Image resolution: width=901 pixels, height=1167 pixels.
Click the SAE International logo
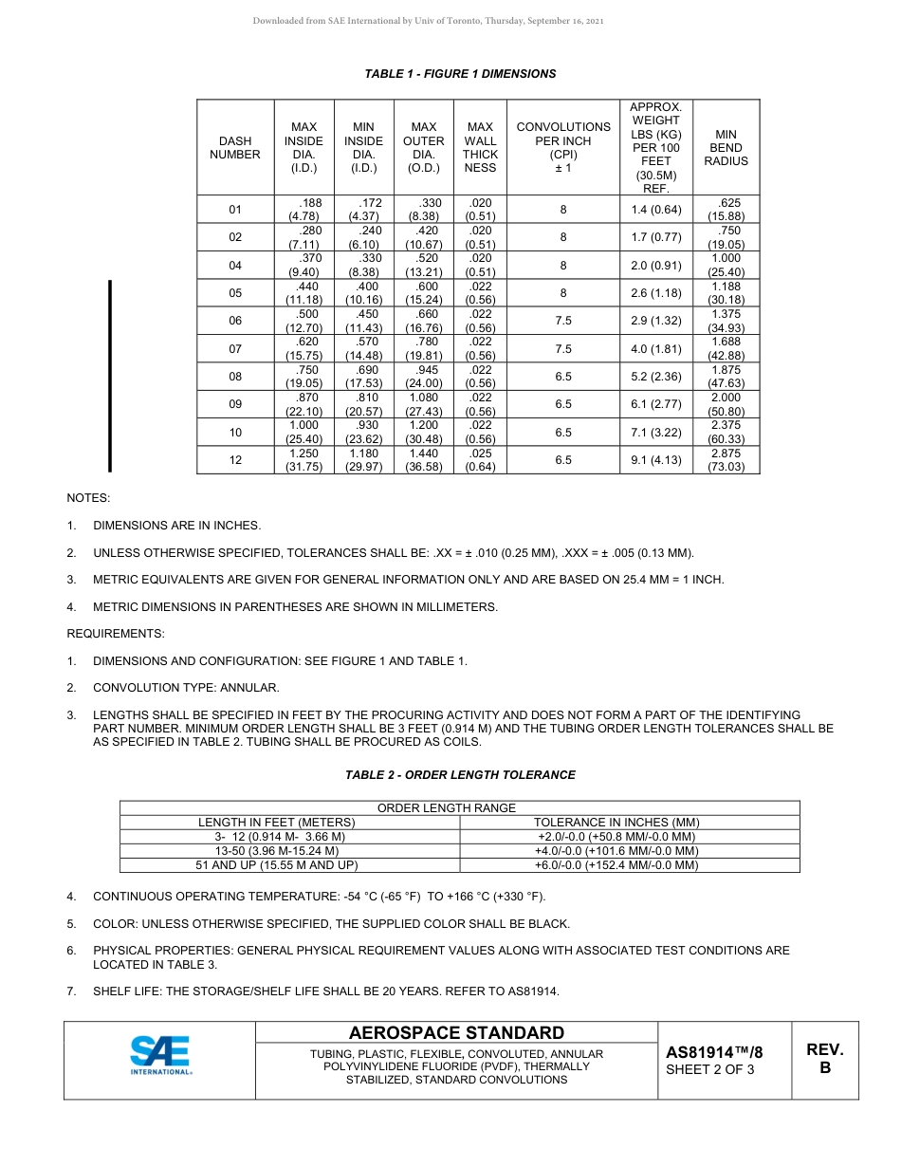pos(160,1056)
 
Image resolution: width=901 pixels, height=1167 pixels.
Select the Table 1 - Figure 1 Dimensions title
pos(460,74)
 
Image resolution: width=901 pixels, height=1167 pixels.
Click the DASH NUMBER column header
pos(235,148)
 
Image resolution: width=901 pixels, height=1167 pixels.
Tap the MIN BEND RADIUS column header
pos(726,148)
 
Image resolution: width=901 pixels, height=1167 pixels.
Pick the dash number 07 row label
pos(235,349)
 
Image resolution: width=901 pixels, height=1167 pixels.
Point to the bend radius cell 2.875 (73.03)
pos(726,460)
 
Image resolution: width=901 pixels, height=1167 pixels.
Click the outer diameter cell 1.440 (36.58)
pos(424,460)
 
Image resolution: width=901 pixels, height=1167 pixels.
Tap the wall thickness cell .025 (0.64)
pos(480,460)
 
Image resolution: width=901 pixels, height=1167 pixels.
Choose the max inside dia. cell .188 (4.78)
pos(303,210)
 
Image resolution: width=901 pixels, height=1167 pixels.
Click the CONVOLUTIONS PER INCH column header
pos(563,148)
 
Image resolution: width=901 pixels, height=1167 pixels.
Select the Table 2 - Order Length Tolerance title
pos(460,775)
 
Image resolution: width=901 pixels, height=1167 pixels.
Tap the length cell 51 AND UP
pos(276,865)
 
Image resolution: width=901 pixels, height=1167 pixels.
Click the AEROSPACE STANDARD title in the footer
pos(456,1033)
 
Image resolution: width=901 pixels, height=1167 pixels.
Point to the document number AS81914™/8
pos(714,1052)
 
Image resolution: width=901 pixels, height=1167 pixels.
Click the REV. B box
pos(824,1059)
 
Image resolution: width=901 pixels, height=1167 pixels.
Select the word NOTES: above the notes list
pos(88,498)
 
